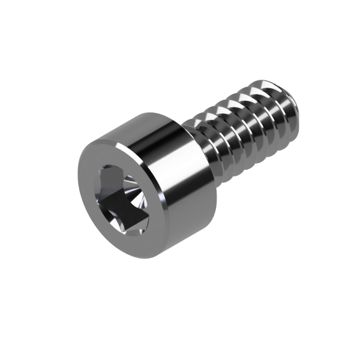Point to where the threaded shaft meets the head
coord(201,144)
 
